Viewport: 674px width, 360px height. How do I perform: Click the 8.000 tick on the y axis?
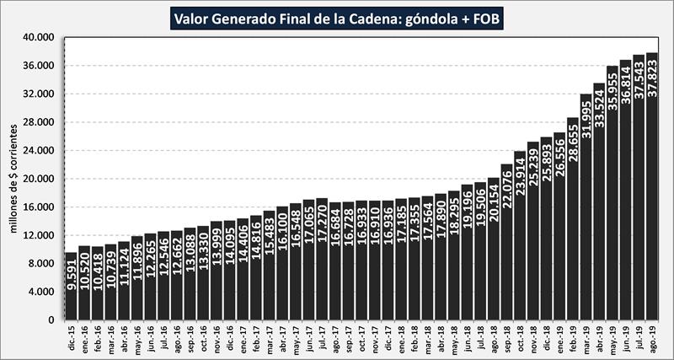pos(43,264)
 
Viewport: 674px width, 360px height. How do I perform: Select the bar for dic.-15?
pos(71,287)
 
